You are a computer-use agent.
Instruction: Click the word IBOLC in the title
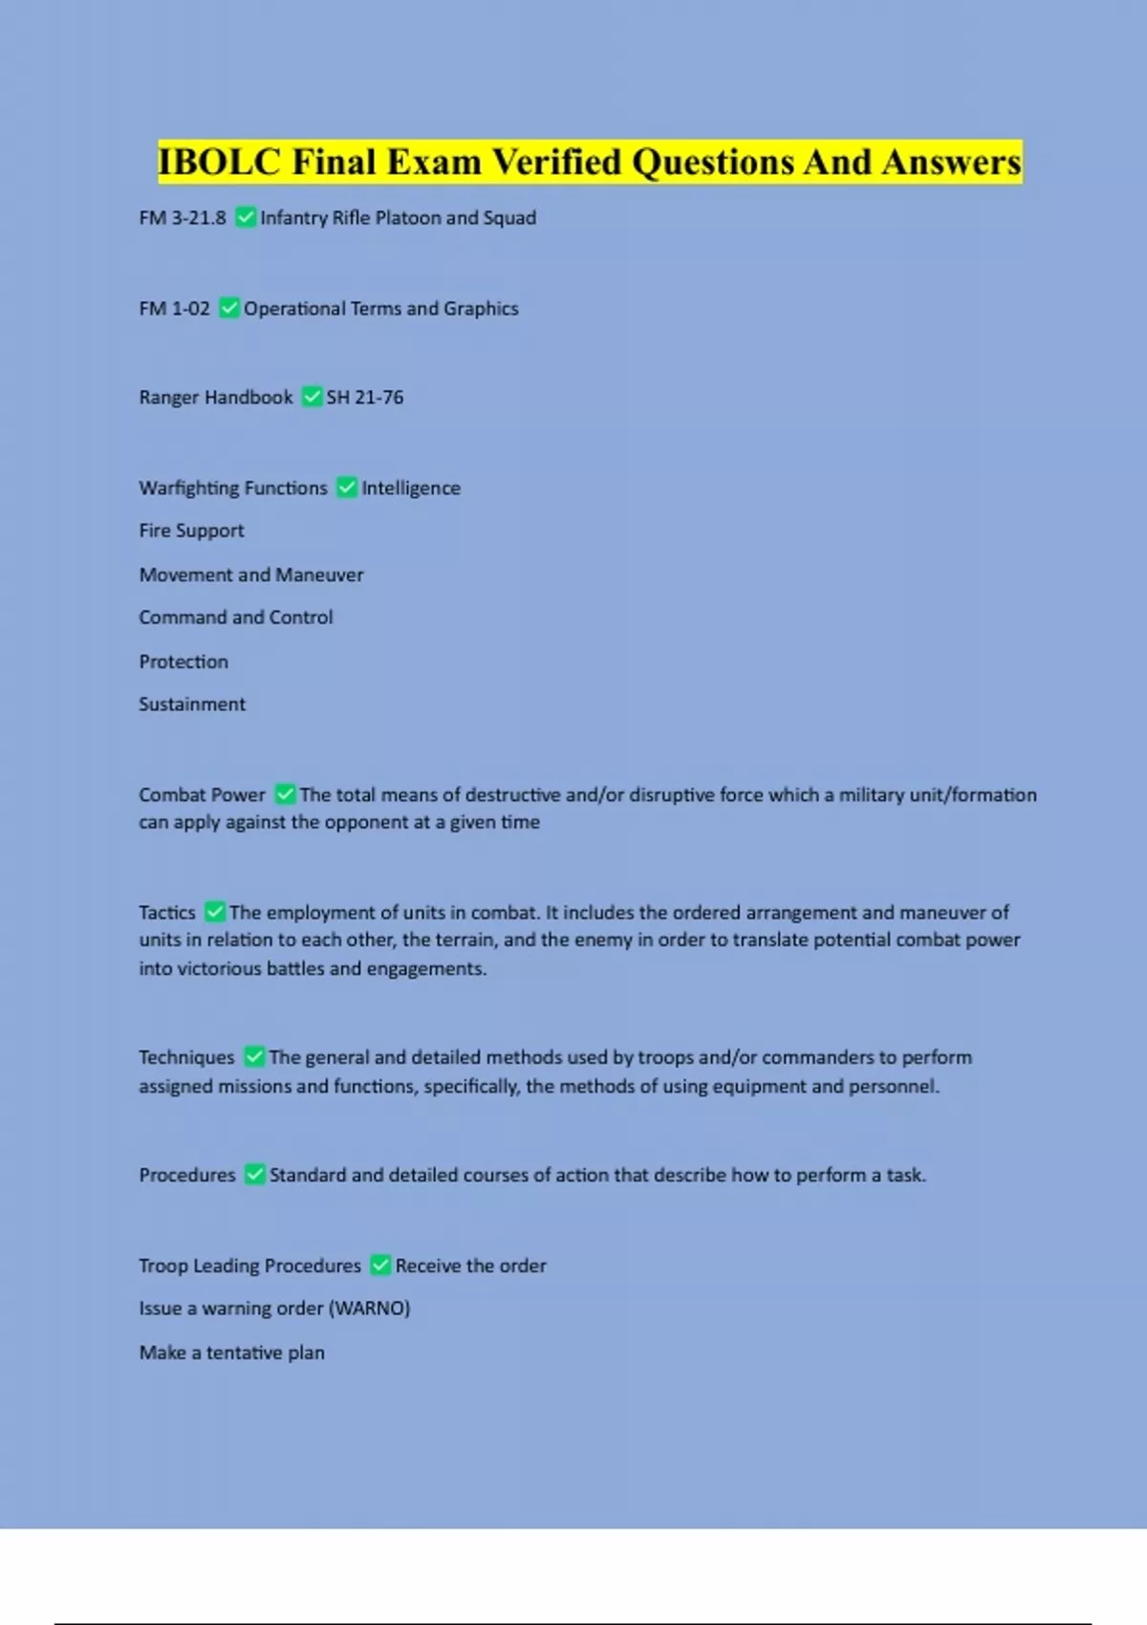coord(219,162)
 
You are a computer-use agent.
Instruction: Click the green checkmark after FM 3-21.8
coord(246,218)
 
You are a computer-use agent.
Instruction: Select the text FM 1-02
coord(174,309)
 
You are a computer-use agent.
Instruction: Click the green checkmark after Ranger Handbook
coord(312,397)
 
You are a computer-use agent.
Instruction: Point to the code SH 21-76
coord(365,398)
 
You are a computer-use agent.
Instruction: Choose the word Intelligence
coord(411,488)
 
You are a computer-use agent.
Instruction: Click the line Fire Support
coord(191,531)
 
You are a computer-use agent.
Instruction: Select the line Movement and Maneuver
coord(251,574)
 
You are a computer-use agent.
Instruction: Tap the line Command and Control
coord(236,617)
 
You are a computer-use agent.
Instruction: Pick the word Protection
coord(184,661)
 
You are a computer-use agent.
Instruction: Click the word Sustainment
coord(192,704)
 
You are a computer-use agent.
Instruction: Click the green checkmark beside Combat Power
coord(285,794)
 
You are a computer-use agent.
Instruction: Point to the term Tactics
coord(167,913)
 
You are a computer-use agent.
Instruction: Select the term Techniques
coord(186,1057)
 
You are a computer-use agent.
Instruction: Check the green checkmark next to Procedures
coord(254,1175)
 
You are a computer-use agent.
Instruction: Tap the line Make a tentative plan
coord(232,1353)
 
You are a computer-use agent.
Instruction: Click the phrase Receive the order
coord(471,1266)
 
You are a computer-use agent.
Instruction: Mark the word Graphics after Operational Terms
coord(481,309)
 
